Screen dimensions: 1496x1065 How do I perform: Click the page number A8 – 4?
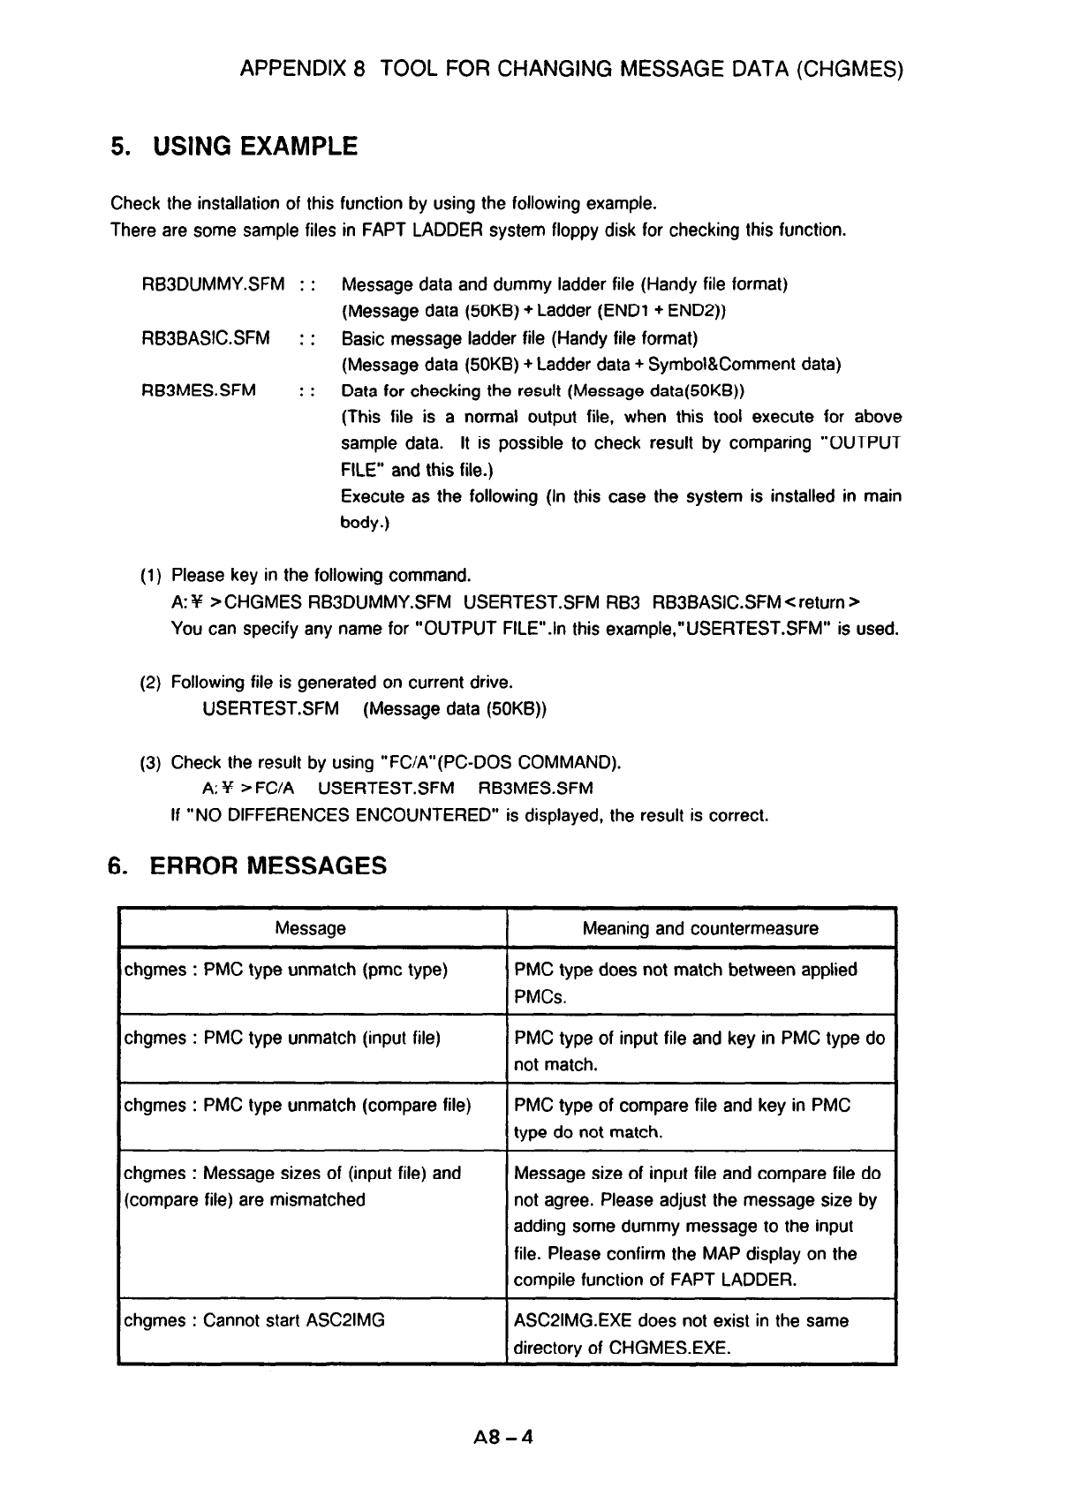(503, 1437)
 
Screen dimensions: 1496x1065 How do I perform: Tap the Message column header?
(310, 928)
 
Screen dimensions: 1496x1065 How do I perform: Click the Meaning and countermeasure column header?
(700, 928)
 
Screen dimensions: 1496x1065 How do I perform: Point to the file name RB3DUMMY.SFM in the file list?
(213, 284)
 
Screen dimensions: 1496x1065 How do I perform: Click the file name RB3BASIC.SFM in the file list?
(206, 338)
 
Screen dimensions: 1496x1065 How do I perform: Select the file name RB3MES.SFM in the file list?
(199, 390)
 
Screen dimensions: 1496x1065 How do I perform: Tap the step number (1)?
(150, 576)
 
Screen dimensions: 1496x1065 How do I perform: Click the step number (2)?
(150, 683)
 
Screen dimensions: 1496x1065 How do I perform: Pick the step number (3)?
(150, 762)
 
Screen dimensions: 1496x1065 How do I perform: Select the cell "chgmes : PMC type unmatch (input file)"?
(282, 1038)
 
